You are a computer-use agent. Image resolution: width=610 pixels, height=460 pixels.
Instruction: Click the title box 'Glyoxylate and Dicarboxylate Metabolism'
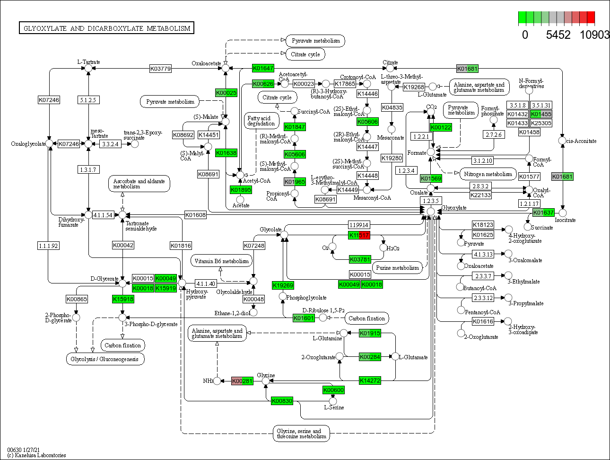106,28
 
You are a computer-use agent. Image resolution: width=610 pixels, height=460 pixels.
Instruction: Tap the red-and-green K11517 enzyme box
359,235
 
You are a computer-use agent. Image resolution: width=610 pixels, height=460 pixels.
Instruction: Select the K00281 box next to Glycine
242,381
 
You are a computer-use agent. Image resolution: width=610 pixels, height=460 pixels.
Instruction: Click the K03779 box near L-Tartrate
160,69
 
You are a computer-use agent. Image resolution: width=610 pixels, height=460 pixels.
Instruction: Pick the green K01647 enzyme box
263,68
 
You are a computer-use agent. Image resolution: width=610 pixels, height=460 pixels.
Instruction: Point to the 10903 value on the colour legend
594,35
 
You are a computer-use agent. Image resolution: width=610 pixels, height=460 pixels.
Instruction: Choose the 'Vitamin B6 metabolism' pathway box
221,261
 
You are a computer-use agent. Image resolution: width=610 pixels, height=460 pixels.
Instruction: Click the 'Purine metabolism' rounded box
397,268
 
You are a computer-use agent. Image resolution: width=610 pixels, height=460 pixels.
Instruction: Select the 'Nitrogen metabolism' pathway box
488,174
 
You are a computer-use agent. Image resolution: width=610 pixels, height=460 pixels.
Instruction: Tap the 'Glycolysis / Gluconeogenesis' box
105,359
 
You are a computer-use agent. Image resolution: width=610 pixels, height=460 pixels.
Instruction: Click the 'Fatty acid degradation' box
261,121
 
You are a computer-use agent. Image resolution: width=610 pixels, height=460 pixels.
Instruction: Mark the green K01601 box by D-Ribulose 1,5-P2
304,318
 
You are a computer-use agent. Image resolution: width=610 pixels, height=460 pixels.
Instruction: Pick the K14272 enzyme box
370,380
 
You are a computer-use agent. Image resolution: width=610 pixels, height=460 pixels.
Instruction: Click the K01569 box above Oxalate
431,178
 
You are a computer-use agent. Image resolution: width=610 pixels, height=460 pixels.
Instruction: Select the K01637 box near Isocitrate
543,212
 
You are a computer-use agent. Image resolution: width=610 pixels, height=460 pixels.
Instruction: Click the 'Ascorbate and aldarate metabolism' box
139,184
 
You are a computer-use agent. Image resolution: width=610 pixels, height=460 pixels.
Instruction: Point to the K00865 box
77,299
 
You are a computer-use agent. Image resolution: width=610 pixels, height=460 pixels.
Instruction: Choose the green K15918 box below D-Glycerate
123,299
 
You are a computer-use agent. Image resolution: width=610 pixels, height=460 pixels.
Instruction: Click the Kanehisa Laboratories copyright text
37,455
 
